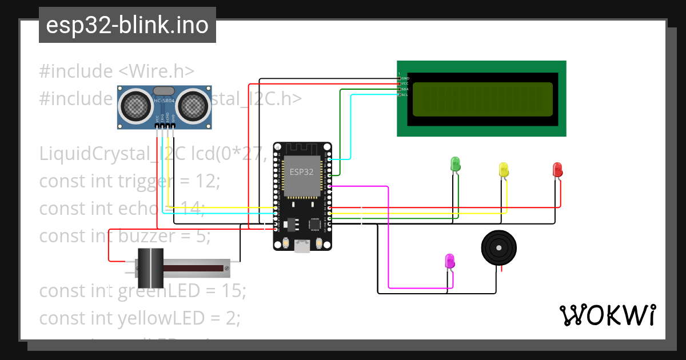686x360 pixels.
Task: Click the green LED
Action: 456,163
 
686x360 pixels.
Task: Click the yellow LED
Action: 504,169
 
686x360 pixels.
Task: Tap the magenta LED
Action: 450,261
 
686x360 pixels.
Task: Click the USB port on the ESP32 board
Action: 302,246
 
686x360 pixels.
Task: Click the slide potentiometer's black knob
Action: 151,268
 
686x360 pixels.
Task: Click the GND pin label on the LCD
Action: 405,78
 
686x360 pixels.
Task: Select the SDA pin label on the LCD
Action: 405,89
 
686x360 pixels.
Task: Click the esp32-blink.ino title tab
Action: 127,25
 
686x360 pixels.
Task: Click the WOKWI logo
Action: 607,315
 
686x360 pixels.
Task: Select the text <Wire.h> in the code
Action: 157,72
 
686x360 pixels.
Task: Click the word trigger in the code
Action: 145,181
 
